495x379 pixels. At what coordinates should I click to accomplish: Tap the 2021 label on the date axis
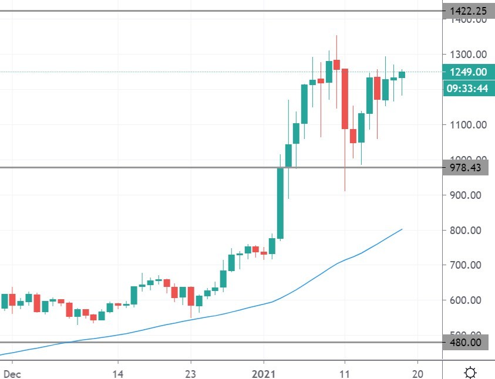point(264,373)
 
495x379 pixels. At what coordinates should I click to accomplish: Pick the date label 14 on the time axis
point(118,373)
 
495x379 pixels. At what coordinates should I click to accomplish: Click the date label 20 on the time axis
point(417,373)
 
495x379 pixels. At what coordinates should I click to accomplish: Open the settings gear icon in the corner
point(470,372)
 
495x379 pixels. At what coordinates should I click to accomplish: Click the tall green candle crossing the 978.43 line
point(281,203)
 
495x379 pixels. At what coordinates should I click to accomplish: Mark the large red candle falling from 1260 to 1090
point(345,99)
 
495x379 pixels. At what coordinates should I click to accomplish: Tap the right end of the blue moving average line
point(402,229)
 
